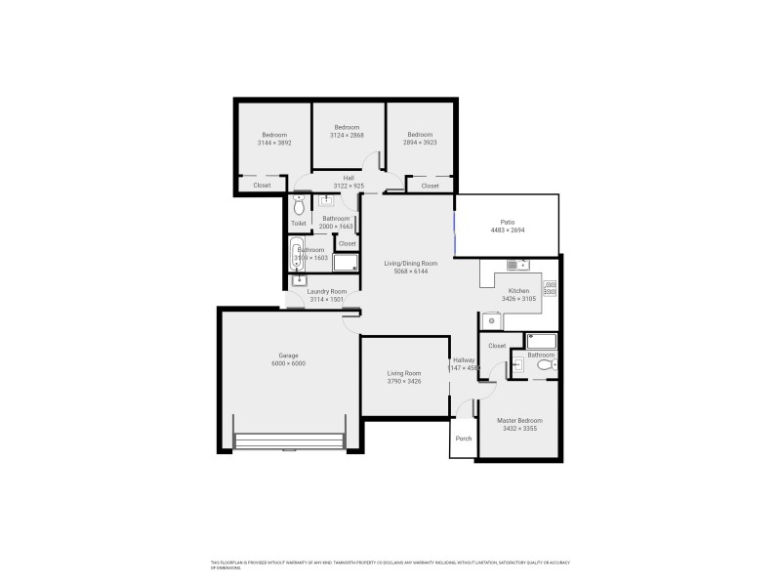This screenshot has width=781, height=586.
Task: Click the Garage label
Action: (x=288, y=355)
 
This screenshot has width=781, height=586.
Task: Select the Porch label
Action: (x=464, y=439)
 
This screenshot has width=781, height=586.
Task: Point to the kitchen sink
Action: (x=516, y=264)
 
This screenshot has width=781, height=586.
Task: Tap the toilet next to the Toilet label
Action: (x=299, y=207)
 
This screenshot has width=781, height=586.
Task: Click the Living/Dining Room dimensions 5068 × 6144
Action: (x=409, y=271)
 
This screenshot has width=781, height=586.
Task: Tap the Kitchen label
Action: (x=518, y=290)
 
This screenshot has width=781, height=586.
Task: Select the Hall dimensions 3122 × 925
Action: (x=349, y=186)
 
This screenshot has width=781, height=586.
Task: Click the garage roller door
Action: (x=289, y=441)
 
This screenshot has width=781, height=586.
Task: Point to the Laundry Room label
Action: (x=327, y=291)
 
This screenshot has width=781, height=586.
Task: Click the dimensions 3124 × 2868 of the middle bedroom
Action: (x=347, y=136)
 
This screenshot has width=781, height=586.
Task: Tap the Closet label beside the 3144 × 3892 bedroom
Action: (x=262, y=185)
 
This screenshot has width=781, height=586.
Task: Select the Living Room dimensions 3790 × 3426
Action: (x=404, y=381)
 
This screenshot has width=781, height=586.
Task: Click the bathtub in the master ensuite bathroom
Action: (x=541, y=341)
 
